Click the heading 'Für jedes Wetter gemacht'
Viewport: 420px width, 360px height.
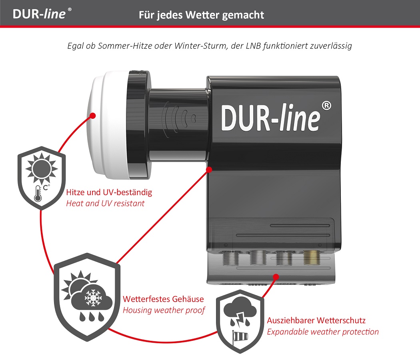[x=201, y=15]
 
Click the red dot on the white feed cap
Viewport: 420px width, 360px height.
[x=93, y=116]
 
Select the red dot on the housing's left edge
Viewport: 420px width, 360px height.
[x=208, y=170]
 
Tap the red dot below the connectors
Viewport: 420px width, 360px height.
[x=276, y=276]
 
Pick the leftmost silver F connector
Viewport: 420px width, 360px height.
[x=228, y=258]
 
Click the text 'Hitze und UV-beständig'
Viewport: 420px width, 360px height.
[x=109, y=192]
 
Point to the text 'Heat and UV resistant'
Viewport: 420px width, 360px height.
[x=105, y=203]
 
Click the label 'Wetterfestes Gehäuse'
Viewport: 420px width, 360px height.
[x=163, y=299]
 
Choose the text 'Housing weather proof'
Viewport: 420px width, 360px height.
[x=164, y=310]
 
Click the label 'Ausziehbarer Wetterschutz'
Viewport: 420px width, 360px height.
[x=316, y=320]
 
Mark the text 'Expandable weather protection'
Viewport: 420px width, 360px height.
[x=322, y=332]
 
